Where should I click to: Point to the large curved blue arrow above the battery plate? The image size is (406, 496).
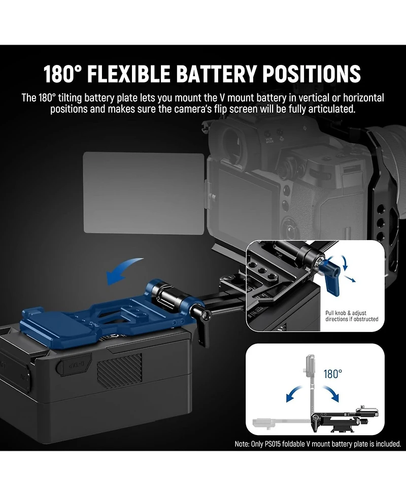pyautogui.click(x=124, y=269)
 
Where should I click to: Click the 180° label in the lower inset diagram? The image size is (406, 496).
pyautogui.click(x=332, y=374)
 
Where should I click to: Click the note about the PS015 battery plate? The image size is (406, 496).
pyautogui.click(x=318, y=444)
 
